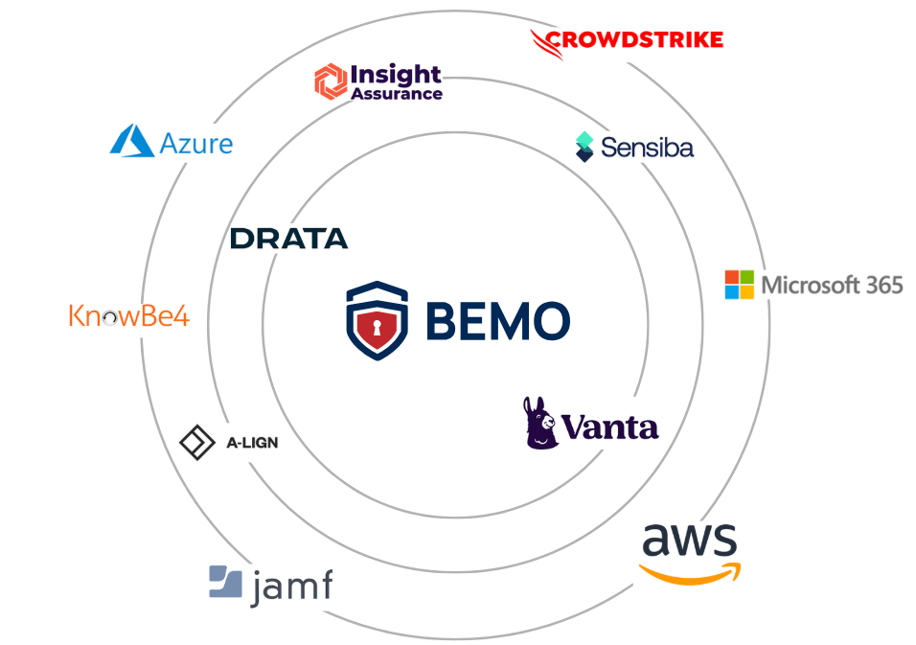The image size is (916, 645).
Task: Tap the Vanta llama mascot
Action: tap(541, 423)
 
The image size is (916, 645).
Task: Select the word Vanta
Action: tap(610, 426)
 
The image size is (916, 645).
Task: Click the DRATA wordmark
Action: tap(288, 239)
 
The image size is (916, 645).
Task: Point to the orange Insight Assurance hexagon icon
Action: tap(330, 81)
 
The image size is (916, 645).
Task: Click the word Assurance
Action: tap(397, 94)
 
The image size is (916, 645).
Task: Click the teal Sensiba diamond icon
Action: tap(584, 146)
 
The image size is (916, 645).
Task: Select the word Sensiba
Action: tap(647, 148)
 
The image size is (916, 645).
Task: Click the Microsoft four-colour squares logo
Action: tap(739, 285)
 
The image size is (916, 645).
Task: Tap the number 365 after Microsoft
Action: tap(882, 285)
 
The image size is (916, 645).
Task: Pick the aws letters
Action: tap(690, 541)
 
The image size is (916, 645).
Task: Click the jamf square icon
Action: tap(225, 582)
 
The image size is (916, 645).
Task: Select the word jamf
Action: tap(291, 586)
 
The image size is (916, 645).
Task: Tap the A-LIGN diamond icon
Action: tap(197, 443)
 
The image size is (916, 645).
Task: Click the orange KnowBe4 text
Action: tap(128, 315)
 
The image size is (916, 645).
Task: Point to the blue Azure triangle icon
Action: tap(132, 141)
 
